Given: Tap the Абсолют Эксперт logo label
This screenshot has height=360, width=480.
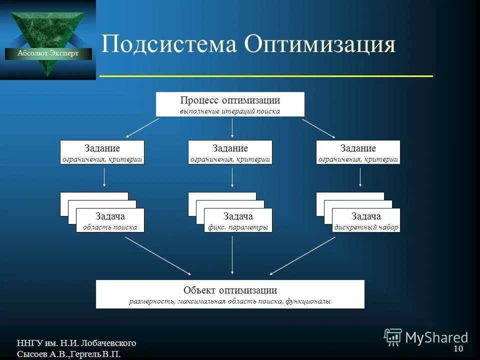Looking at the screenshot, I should click(48, 53).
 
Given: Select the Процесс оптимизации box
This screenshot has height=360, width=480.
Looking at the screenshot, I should click(230, 104).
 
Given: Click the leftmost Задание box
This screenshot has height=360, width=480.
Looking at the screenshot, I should click(102, 152).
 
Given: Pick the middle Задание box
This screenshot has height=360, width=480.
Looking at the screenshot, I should click(230, 152).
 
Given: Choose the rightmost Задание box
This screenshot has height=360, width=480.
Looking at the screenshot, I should click(358, 152).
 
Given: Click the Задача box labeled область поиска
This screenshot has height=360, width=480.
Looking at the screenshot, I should click(110, 220).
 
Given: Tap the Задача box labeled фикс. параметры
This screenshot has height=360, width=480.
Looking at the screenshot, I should click(238, 220).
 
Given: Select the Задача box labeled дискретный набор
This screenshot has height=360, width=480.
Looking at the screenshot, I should click(366, 220).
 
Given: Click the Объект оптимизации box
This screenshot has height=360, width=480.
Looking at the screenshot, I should click(230, 294).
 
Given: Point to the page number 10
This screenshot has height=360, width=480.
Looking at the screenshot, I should click(458, 348).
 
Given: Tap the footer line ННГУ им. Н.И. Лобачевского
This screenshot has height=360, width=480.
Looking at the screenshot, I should click(76, 343).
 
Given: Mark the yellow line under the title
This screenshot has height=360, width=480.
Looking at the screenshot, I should click(266, 76).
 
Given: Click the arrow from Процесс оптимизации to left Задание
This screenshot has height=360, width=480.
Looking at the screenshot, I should click(142, 127).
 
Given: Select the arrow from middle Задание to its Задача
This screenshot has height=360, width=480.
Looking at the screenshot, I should click(232, 178).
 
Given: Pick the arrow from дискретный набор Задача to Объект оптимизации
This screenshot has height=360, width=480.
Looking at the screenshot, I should click(302, 255).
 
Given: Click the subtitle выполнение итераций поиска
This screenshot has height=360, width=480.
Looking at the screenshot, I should click(230, 111).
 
